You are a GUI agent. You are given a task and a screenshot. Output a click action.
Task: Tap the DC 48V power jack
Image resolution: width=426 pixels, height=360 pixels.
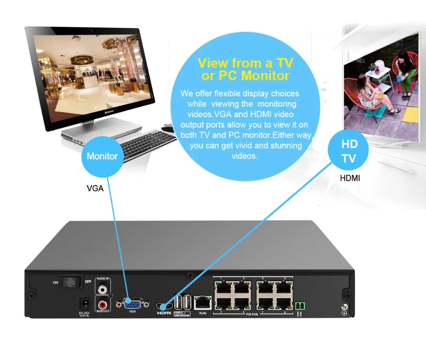click(x=85, y=304)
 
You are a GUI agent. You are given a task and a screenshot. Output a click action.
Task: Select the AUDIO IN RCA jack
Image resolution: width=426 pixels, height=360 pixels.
click(x=102, y=289)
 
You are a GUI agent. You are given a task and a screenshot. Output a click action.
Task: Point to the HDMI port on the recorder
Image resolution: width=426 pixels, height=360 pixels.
click(x=164, y=306)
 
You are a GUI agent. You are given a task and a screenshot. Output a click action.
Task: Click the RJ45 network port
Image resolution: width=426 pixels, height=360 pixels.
click(x=202, y=303)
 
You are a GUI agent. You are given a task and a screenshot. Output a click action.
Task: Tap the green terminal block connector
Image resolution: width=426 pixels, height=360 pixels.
click(x=300, y=305)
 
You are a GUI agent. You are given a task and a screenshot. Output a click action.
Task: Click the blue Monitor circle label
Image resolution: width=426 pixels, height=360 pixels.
click(x=102, y=156)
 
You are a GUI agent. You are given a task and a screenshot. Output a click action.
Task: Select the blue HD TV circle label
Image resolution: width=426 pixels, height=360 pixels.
click(x=349, y=151)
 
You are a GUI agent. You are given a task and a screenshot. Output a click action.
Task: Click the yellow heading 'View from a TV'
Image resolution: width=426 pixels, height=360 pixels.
click(x=245, y=63)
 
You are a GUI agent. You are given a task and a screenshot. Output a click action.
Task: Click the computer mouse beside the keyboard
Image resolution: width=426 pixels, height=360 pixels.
click(x=167, y=127)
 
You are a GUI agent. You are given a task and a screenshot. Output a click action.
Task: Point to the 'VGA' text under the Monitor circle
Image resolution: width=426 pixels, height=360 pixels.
click(x=95, y=188)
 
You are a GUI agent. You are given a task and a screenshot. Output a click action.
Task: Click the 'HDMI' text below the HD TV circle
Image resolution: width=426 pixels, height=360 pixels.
click(x=350, y=178)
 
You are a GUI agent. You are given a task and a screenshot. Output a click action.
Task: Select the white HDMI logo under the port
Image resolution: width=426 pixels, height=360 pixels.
click(x=164, y=313)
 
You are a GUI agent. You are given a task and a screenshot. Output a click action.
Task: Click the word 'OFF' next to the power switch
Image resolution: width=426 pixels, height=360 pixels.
click(x=88, y=282)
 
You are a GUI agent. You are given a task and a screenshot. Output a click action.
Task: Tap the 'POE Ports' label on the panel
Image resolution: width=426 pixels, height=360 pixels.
click(x=252, y=314)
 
